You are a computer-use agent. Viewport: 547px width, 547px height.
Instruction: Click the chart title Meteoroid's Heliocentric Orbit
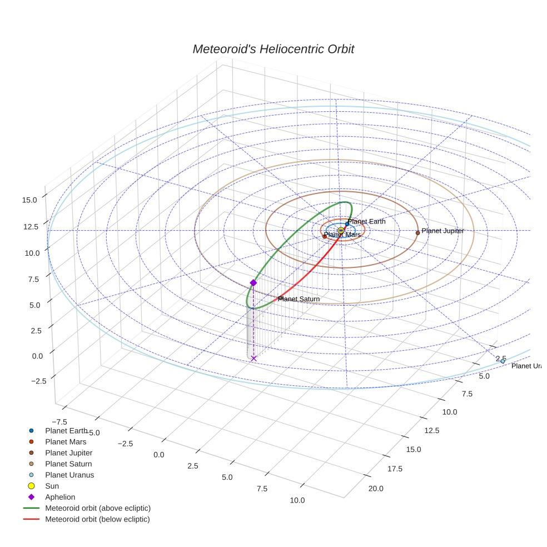[273, 49]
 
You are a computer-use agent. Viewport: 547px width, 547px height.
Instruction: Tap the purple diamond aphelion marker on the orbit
[253, 283]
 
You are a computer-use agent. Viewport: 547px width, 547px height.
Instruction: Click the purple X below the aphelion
[254, 359]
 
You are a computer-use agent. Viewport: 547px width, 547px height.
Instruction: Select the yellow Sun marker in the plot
[341, 231]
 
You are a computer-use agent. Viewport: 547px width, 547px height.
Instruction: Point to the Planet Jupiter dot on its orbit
[417, 233]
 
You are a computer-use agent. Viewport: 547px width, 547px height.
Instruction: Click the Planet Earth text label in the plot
[366, 221]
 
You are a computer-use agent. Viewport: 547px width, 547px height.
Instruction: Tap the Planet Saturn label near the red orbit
[299, 299]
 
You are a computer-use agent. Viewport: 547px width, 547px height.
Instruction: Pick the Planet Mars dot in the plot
[325, 237]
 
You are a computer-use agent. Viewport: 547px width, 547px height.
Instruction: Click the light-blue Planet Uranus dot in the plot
[503, 361]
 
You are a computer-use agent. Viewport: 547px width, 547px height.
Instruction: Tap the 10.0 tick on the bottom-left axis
[297, 500]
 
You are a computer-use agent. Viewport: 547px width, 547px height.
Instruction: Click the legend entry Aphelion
[60, 497]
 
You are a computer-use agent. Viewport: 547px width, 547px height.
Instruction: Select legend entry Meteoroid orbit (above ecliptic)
[98, 508]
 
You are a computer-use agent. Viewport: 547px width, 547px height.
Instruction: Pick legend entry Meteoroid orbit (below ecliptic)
[97, 519]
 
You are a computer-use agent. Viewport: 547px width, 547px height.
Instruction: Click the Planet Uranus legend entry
[69, 475]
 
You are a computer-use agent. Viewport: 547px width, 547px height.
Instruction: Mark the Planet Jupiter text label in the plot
[442, 230]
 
